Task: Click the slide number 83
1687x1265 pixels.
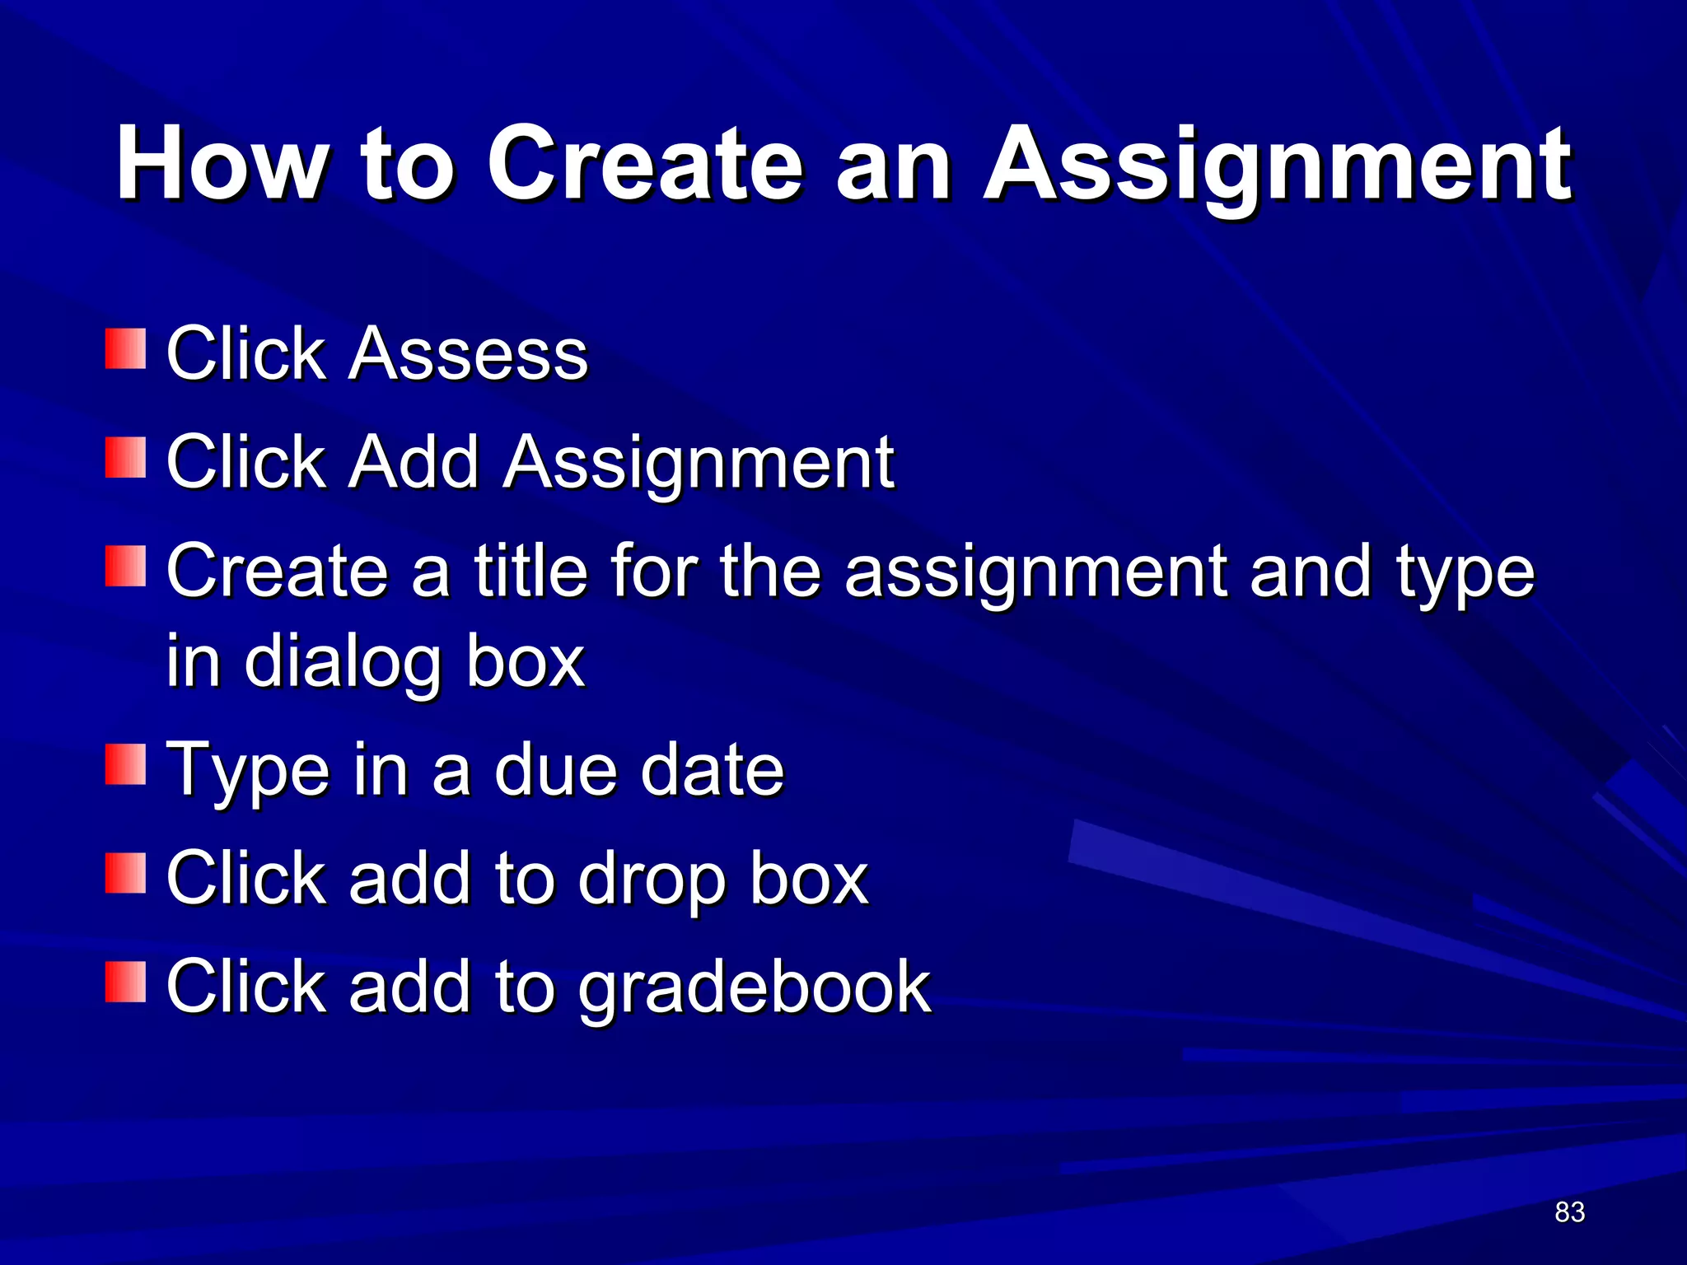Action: tap(1569, 1212)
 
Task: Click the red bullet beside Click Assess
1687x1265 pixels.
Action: tap(125, 349)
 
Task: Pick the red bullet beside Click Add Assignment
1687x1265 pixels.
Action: tap(125, 458)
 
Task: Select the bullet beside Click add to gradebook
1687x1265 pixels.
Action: tap(125, 982)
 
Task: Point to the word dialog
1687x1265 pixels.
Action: tap(342, 661)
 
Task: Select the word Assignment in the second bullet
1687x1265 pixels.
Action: tap(699, 463)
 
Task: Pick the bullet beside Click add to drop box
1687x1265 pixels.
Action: tap(125, 874)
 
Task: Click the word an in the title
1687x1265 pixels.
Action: tap(893, 165)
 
